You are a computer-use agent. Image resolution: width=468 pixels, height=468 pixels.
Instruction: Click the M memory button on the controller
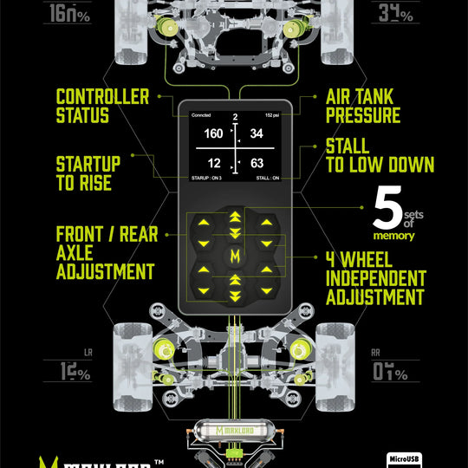coord(234,256)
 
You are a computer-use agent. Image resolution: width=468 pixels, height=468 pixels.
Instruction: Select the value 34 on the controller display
coord(257,134)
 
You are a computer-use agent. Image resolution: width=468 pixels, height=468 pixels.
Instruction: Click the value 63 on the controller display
coord(257,162)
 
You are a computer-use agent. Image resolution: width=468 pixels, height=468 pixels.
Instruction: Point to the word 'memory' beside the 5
coord(394,236)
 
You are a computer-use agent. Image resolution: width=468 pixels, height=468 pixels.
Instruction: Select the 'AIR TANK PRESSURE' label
coord(362,107)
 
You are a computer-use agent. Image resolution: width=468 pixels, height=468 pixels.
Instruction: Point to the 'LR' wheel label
coord(88,354)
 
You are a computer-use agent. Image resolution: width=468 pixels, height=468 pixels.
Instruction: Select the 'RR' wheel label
coord(376,354)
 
